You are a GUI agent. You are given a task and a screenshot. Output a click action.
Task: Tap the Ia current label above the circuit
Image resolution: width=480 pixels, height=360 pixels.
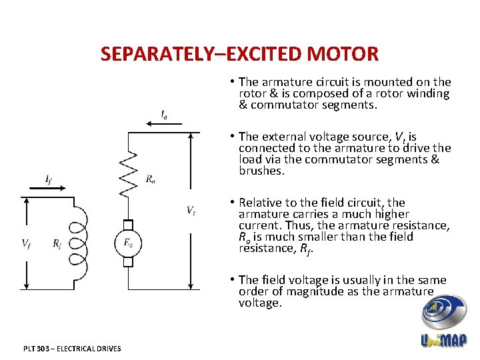click(x=164, y=115)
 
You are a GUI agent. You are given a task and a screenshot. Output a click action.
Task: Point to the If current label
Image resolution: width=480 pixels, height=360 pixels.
click(x=49, y=179)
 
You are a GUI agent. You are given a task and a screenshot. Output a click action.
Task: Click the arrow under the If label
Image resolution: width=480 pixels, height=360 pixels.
click(x=47, y=188)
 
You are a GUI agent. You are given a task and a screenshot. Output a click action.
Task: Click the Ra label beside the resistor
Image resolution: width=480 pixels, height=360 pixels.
click(x=151, y=178)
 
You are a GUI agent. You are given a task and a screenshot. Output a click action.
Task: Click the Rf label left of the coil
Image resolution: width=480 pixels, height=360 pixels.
click(x=57, y=243)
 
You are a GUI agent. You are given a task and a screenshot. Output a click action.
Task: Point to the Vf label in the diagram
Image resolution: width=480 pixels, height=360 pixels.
click(x=26, y=243)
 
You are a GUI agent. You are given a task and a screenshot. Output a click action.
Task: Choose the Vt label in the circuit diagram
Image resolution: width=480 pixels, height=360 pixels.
click(x=191, y=211)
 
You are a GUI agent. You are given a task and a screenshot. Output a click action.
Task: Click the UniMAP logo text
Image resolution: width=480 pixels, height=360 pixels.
click(x=444, y=340)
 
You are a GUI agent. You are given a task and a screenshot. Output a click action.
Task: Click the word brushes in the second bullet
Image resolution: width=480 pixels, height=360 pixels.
click(x=261, y=171)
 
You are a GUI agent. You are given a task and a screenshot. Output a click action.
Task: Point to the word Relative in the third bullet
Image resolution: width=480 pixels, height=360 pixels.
click(x=260, y=202)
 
